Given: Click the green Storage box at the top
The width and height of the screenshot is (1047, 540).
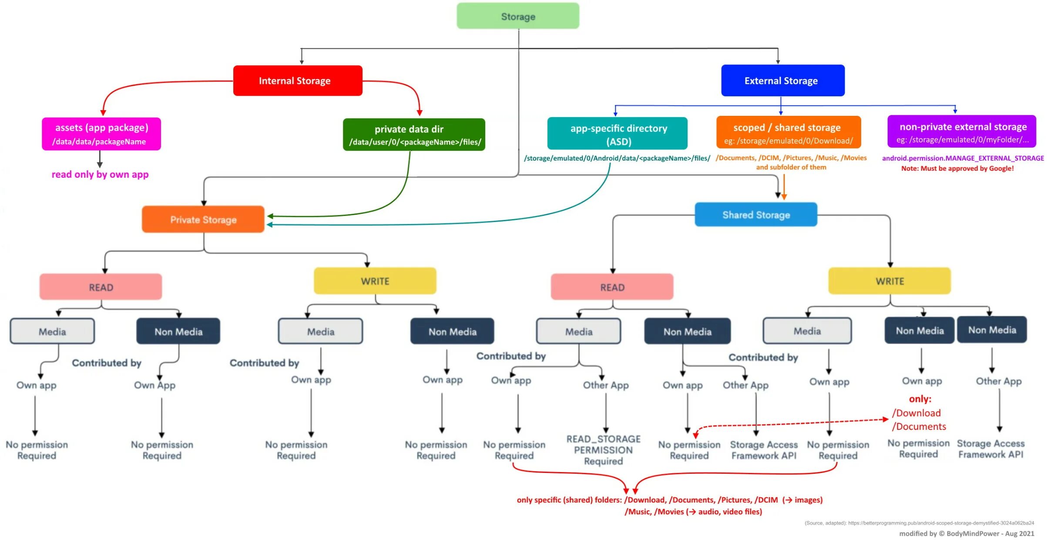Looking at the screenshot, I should click(517, 16).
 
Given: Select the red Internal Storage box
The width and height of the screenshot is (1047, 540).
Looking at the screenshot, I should click(297, 81).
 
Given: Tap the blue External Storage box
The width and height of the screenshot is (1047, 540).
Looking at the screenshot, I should click(782, 81).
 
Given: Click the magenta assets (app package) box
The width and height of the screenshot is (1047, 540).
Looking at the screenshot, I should click(101, 134).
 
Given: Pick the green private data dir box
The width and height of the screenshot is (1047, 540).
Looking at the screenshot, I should click(413, 135).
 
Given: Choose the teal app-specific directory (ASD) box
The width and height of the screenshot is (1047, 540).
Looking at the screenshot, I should click(617, 134).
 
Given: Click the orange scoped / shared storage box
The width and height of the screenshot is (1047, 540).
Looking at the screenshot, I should click(788, 133).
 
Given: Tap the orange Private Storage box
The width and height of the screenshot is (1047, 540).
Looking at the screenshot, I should click(203, 219).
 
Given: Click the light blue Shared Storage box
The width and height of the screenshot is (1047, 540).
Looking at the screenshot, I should click(755, 215).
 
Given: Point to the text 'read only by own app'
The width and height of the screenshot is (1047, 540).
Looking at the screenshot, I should click(100, 174).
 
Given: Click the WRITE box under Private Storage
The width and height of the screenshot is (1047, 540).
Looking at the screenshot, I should click(375, 281).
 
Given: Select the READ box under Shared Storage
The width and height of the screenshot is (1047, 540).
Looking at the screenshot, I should click(611, 287).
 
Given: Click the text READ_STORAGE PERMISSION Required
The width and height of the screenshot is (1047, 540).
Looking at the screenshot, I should click(603, 450).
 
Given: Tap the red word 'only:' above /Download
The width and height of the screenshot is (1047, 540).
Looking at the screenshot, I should click(920, 399).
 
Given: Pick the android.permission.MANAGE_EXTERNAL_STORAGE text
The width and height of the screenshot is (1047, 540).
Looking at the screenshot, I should click(963, 158).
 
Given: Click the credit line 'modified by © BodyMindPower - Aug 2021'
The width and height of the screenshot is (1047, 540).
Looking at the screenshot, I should click(966, 533).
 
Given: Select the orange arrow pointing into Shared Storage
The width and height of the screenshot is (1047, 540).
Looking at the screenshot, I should click(784, 187).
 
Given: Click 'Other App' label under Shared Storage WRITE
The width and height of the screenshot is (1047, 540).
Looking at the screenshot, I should click(998, 381).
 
